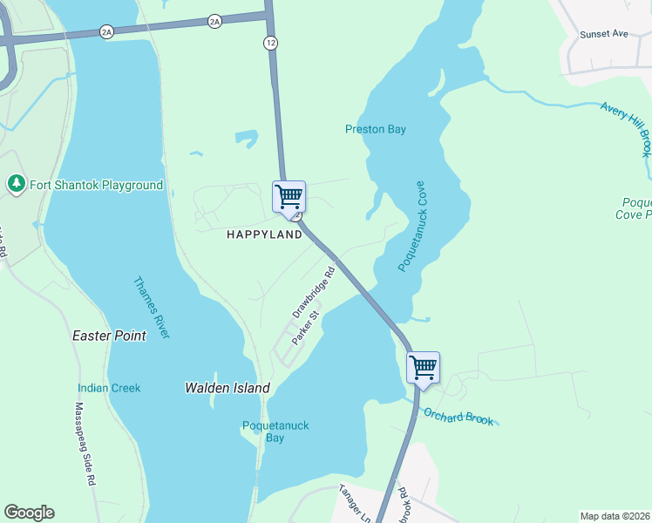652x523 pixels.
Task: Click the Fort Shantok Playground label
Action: [97, 185]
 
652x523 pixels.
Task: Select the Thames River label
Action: [152, 308]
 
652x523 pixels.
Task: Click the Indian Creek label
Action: [109, 388]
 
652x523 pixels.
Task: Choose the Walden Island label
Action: [228, 388]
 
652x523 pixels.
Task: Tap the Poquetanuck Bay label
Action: [275, 431]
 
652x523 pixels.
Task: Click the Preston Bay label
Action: [376, 129]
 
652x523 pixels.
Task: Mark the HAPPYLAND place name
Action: [264, 234]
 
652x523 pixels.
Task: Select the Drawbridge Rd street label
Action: [314, 292]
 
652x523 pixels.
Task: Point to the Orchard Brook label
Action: [458, 417]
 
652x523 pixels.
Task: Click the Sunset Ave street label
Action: [604, 34]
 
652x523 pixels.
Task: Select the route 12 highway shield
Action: [272, 43]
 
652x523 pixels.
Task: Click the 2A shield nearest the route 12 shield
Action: [214, 21]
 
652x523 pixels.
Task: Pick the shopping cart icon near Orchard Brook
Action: [423, 367]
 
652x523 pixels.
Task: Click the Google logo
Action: [29, 513]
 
